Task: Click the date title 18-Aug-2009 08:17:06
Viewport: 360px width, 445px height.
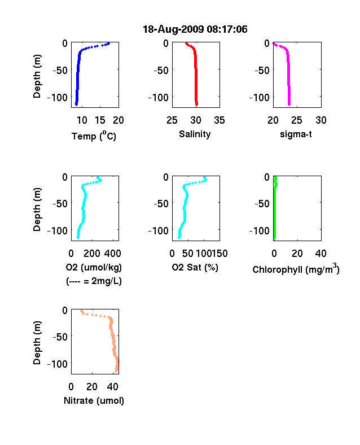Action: click(195, 29)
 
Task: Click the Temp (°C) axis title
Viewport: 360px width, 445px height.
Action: click(94, 136)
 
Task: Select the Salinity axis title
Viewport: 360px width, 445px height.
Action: click(195, 134)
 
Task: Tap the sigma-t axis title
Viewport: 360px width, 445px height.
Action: click(296, 134)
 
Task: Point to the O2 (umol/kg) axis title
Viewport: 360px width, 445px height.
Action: click(94, 268)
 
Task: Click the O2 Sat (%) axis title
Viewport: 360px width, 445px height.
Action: click(195, 267)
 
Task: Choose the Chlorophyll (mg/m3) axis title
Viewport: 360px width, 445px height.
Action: click(296, 269)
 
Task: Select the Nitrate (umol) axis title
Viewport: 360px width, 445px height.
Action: click(94, 401)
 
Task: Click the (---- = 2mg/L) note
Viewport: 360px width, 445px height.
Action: click(94, 281)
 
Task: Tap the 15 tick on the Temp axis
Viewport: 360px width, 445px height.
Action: click(100, 120)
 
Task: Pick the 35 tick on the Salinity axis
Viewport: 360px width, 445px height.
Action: click(219, 120)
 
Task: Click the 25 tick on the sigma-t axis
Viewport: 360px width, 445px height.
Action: click(296, 120)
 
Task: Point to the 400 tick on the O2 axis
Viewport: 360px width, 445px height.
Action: click(112, 254)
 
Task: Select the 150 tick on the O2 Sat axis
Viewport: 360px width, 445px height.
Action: click(219, 254)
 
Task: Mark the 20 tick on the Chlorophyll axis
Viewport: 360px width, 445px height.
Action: click(297, 254)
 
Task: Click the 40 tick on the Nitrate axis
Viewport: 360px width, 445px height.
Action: click(112, 386)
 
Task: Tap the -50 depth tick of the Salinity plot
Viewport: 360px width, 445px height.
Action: click(161, 70)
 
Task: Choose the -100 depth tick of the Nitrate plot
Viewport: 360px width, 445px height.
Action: click(58, 364)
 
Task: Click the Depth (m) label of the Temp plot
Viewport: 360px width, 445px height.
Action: click(37, 76)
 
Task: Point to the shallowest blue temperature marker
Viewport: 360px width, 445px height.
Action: click(108, 43)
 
